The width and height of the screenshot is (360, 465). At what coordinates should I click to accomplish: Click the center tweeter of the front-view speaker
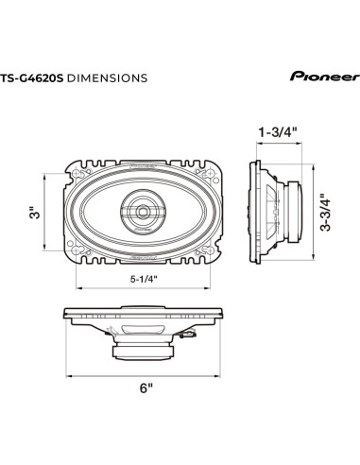[145, 212]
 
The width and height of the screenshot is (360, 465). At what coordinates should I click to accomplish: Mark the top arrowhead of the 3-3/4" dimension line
[313, 164]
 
